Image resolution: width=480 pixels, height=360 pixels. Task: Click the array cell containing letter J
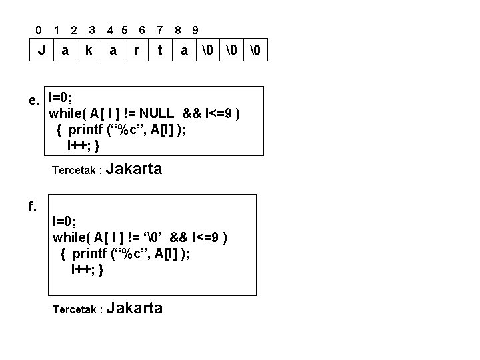coord(41,49)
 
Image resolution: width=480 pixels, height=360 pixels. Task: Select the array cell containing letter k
coord(89,49)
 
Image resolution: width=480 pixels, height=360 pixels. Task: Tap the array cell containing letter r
coord(137,49)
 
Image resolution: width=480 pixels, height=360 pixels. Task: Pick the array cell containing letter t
coord(160,49)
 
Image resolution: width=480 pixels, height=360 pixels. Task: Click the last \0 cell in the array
coord(255,49)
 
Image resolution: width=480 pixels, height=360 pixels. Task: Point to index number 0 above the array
coord(39,30)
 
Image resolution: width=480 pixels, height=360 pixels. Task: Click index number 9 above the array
coord(195,30)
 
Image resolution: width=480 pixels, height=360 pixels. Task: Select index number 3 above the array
coord(92,30)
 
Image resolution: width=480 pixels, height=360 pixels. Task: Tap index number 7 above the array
coord(160,30)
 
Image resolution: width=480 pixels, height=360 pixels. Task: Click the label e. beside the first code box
coord(34,101)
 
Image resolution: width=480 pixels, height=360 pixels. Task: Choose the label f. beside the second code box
coord(33,206)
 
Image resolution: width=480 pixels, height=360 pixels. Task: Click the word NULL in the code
coord(157,113)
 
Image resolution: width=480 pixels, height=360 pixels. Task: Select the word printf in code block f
coord(90,254)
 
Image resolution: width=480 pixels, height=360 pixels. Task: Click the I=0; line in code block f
coord(64,221)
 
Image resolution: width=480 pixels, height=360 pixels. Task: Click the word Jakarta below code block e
coord(134,169)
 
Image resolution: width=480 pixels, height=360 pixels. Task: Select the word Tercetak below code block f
coord(75,309)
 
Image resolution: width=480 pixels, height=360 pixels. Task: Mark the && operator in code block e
coord(191,113)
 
